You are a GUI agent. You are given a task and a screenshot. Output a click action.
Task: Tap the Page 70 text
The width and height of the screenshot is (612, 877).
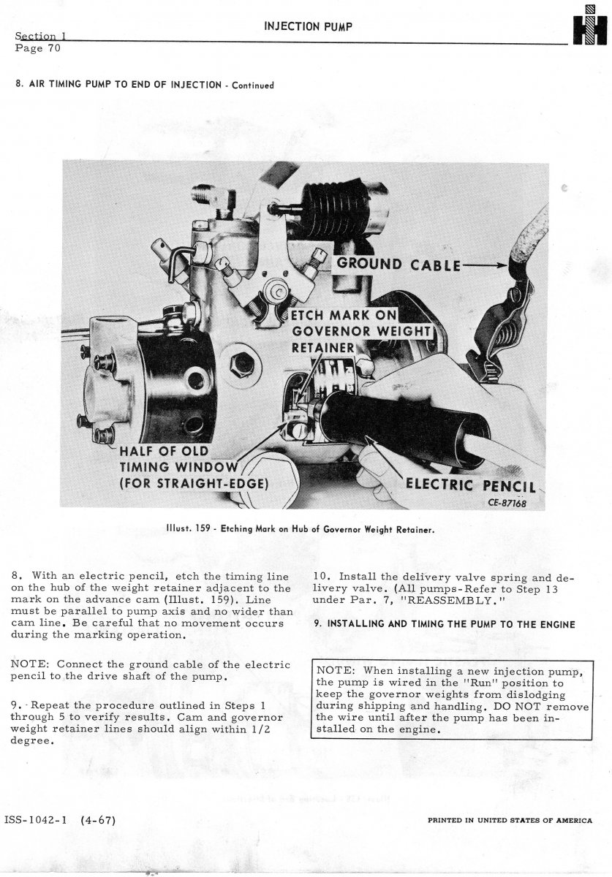coord(37,49)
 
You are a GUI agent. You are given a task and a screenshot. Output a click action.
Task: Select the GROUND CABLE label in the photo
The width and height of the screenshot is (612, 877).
coord(398,265)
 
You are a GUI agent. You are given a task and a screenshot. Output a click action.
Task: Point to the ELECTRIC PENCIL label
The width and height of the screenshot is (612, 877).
coord(471,486)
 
